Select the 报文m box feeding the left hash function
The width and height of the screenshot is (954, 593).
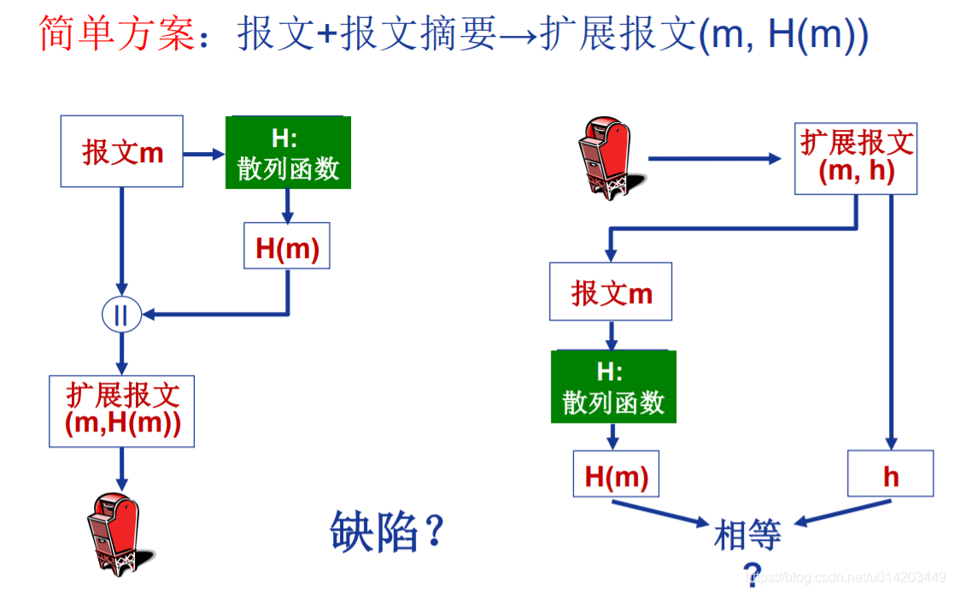[122, 152]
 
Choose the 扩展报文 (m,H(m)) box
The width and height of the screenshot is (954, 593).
[122, 411]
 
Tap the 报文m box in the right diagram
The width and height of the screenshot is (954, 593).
[611, 292]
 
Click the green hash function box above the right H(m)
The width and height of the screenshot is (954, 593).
[613, 386]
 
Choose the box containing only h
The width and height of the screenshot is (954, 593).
[891, 474]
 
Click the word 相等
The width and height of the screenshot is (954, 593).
[747, 537]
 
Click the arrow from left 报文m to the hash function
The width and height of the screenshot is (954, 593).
[203, 154]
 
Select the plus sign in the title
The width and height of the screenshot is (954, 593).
[325, 36]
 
